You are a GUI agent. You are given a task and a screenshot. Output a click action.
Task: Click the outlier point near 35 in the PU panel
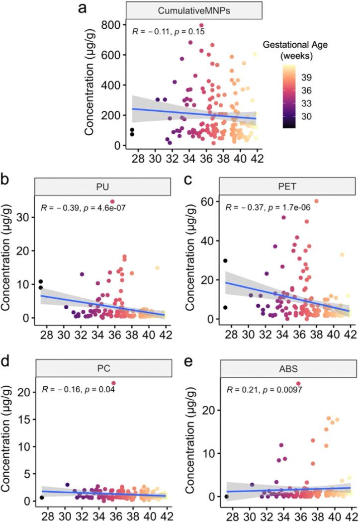pyautogui.click(x=112, y=201)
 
